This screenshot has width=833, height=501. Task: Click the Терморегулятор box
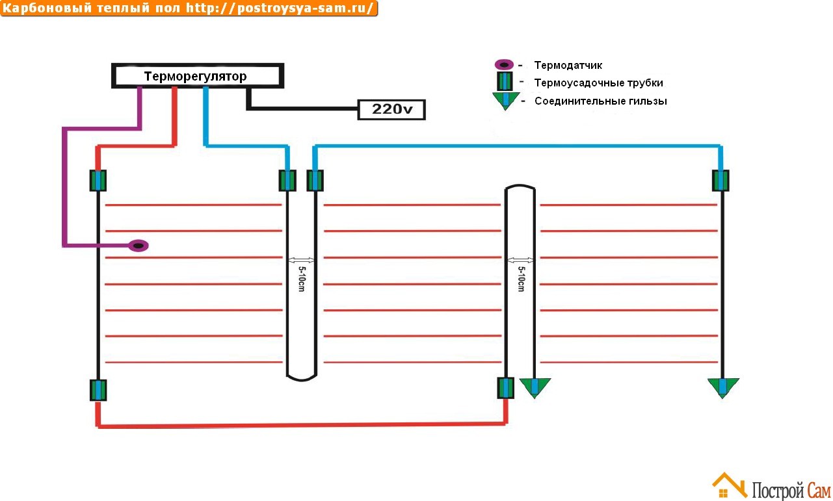[x=198, y=76]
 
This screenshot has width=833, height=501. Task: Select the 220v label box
[x=391, y=110]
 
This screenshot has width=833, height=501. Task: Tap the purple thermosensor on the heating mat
[x=139, y=246]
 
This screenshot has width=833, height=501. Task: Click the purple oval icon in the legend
[x=505, y=65]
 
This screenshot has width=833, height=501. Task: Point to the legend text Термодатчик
[x=568, y=66]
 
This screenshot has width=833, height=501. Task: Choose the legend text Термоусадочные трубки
[x=598, y=83]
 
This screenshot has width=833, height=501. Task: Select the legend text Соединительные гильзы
[x=600, y=101]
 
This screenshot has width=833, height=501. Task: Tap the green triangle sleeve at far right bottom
[x=722, y=387]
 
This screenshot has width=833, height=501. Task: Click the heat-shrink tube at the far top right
[x=720, y=181]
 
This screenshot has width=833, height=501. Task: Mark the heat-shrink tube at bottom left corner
[x=98, y=390]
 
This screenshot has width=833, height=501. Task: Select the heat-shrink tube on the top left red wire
[x=98, y=180]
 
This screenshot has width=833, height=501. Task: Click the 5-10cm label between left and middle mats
[x=301, y=278]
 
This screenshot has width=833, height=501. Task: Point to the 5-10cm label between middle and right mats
[x=520, y=278]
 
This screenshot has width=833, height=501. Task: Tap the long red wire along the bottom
[x=299, y=425]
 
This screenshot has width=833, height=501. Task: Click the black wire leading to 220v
[x=302, y=107]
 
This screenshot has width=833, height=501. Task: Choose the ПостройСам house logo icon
[x=729, y=486]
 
